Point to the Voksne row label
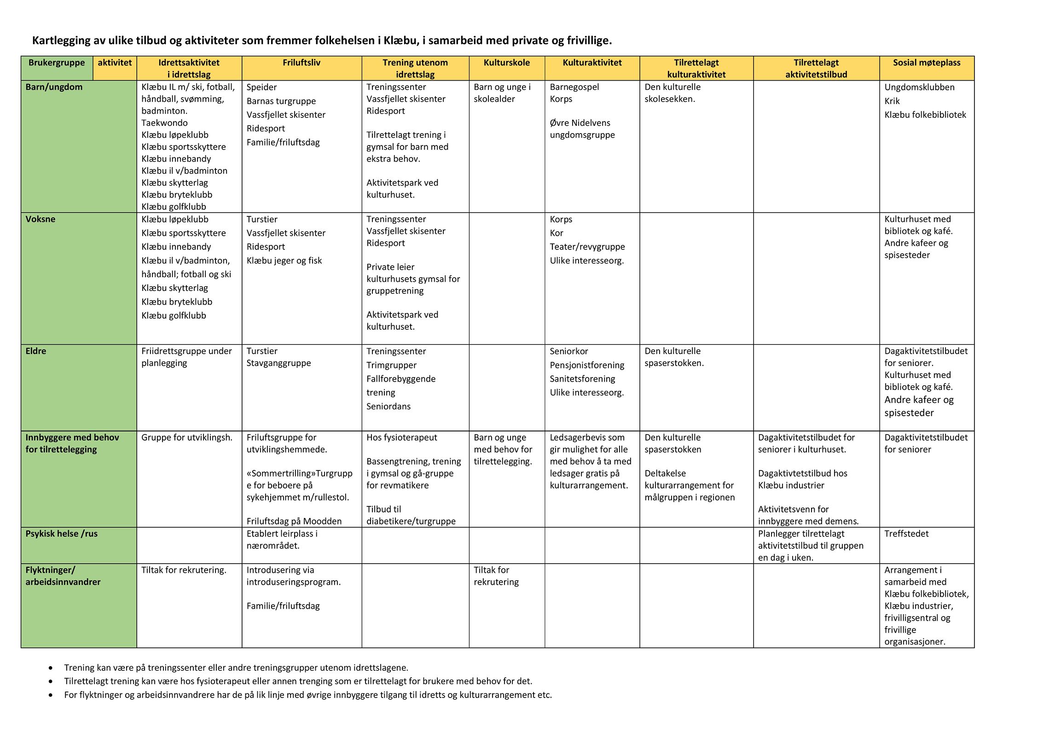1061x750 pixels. pos(41,219)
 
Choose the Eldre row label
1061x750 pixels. pos(36,351)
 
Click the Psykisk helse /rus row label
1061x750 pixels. pos(62,534)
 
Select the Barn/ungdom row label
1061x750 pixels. pos(54,87)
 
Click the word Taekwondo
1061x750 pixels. pos(164,123)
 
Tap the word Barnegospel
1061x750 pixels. pos(574,87)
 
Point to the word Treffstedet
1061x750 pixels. pos(906,534)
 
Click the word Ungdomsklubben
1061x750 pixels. pos(919,87)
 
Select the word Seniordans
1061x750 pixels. pos(388,407)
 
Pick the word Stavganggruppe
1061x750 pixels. pos(278,363)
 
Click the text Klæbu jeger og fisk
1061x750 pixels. pos(284,261)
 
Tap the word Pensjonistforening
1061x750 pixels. pos(586,366)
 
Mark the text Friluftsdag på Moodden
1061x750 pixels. pos(294,521)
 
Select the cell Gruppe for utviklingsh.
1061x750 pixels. pos(187,438)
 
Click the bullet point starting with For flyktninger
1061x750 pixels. pos(308,695)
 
